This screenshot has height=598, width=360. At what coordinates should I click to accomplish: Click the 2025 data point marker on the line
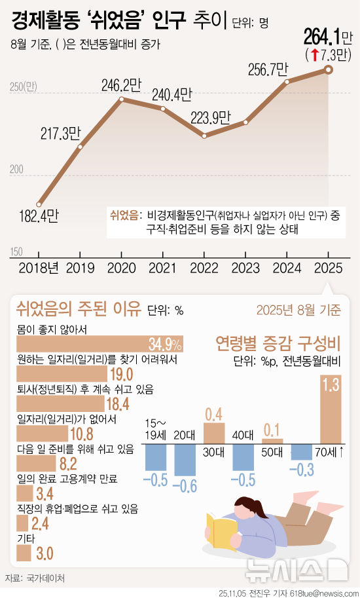coord(329,69)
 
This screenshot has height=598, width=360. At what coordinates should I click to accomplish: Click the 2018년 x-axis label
coord(39,268)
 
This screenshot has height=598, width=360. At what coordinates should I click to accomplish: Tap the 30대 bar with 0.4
coord(214,433)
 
